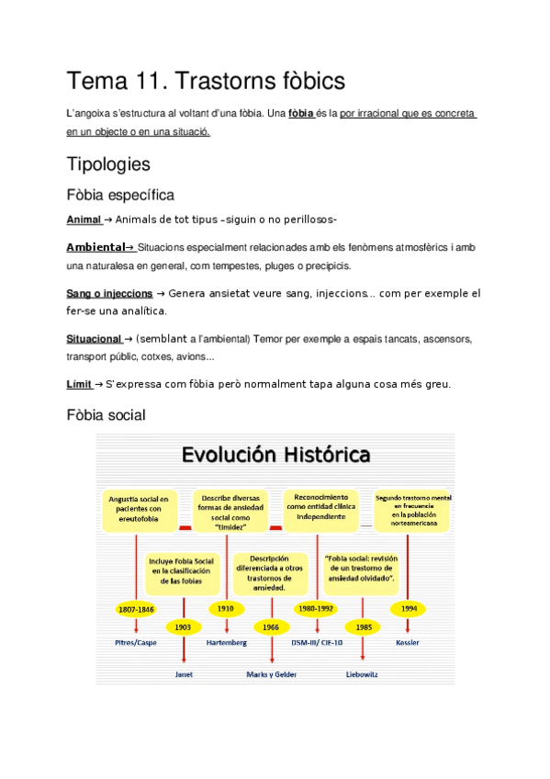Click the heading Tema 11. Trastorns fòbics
(x=206, y=81)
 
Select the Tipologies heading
(x=108, y=164)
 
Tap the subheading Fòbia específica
(x=120, y=195)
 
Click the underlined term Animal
(x=84, y=220)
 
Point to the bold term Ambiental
(x=95, y=247)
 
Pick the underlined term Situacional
(x=94, y=339)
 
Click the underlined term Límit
(x=79, y=384)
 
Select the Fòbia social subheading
(x=106, y=415)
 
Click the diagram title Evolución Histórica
(x=276, y=455)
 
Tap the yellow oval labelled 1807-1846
(x=136, y=609)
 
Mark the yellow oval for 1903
(x=184, y=627)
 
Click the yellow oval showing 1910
(x=226, y=609)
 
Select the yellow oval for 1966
(x=271, y=627)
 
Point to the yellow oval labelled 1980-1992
(x=315, y=609)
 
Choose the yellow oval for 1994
(x=408, y=609)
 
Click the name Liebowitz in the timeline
(x=363, y=673)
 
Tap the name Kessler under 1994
(x=408, y=643)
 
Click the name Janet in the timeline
(x=184, y=673)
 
